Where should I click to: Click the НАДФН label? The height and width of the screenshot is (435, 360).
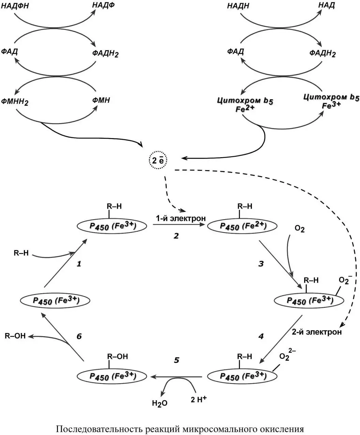click(15, 6)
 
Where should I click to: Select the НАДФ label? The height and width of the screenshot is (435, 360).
click(103, 5)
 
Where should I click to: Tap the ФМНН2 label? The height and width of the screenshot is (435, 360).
click(15, 102)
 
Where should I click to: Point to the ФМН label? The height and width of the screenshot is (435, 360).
click(101, 100)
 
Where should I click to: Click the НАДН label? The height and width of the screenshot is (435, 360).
click(238, 6)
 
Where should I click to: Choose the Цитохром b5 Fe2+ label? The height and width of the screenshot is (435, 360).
click(245, 105)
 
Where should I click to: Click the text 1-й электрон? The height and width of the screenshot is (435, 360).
click(181, 218)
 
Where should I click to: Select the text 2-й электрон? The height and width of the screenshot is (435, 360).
click(317, 332)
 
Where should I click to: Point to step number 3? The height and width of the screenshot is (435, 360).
click(261, 264)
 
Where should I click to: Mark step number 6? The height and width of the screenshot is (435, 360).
click(79, 336)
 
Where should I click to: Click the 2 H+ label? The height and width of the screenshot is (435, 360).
click(198, 399)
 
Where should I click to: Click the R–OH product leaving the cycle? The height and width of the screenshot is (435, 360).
click(15, 336)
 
